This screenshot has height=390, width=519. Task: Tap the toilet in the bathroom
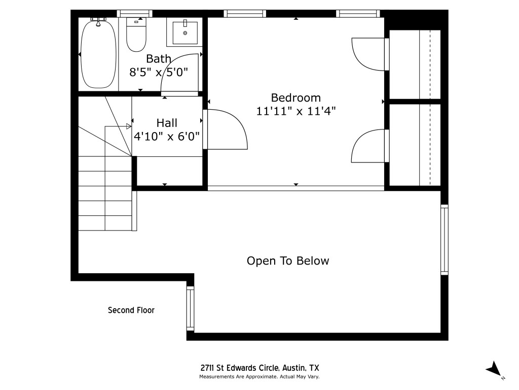[x=136, y=36]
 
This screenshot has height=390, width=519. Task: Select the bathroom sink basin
[x=184, y=32]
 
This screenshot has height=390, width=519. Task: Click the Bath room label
[x=159, y=59]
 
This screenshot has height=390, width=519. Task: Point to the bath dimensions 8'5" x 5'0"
[x=159, y=72]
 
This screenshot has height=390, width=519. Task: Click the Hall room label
[x=167, y=123]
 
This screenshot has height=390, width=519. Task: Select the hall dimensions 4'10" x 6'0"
[x=167, y=136]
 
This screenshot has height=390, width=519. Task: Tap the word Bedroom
[x=296, y=97]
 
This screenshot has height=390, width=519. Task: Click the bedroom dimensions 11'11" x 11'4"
[x=296, y=111]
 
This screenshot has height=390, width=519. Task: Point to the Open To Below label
[x=288, y=261]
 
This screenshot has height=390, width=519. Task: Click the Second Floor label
[x=131, y=310]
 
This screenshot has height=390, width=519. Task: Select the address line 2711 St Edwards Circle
[x=259, y=368]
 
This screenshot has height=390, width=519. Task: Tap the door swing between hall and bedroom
[x=227, y=129]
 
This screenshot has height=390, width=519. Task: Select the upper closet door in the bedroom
[x=369, y=53]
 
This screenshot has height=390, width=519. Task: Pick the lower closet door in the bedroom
[x=369, y=146]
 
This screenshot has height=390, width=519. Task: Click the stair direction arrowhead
[x=129, y=126]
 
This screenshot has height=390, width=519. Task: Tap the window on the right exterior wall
[x=444, y=239]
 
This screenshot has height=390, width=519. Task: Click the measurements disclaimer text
[x=259, y=377]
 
